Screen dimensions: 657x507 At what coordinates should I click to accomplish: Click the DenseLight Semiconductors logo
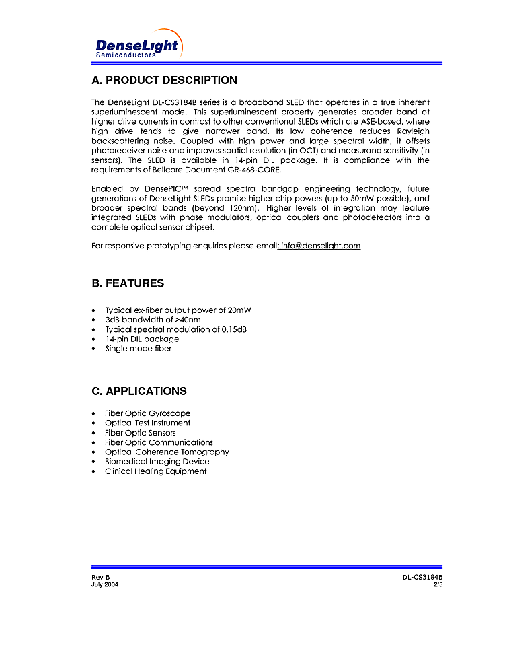click(138, 45)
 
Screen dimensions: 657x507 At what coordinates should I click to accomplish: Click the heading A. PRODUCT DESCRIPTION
click(164, 81)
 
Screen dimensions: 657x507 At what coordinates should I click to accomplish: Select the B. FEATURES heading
click(128, 283)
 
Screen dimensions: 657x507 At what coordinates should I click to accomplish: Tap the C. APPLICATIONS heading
click(139, 391)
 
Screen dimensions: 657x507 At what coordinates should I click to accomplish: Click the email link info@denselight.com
click(321, 246)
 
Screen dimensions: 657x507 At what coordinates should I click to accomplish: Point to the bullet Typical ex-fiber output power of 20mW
click(178, 310)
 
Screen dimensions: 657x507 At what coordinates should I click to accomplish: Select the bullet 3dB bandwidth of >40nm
click(153, 320)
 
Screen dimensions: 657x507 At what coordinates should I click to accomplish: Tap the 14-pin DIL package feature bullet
click(142, 339)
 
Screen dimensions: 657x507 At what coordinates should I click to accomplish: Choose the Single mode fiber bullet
click(139, 349)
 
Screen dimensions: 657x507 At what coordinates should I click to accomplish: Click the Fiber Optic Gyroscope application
click(147, 413)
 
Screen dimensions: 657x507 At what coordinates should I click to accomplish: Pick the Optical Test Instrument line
click(147, 423)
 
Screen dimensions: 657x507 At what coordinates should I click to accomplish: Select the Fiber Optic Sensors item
click(140, 433)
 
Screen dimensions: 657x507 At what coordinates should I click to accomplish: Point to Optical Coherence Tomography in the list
click(167, 452)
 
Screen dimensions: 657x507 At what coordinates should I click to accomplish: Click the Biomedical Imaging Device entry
click(157, 462)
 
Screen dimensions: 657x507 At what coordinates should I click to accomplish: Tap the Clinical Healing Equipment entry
click(155, 471)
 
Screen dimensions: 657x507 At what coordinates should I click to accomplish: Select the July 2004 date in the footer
click(105, 584)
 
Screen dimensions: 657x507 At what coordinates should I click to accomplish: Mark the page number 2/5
click(438, 584)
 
